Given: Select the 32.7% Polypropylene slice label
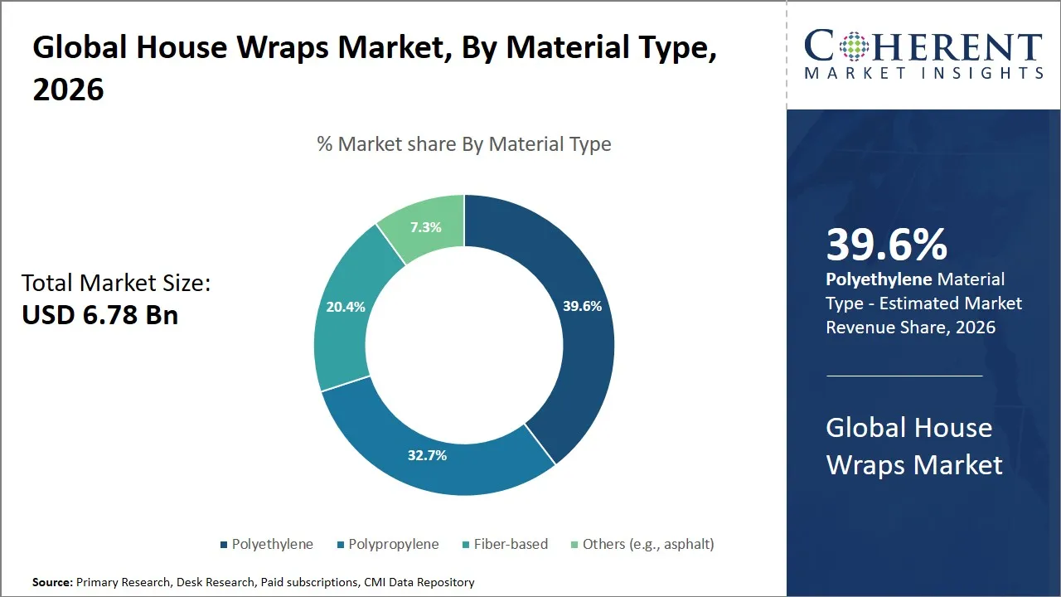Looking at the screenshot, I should tap(427, 455).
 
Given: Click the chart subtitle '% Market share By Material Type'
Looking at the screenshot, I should tap(464, 144).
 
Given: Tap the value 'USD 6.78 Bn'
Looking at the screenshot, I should tap(99, 315).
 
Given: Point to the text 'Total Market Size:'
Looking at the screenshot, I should tap(116, 284).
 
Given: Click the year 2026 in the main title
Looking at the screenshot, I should tap(69, 89).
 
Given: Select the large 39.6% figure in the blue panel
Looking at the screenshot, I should tap(886, 245).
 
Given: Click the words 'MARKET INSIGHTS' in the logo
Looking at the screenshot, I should tap(923, 73).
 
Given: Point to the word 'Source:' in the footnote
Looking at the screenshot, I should tap(53, 582).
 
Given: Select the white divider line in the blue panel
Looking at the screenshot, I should tap(904, 376).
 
